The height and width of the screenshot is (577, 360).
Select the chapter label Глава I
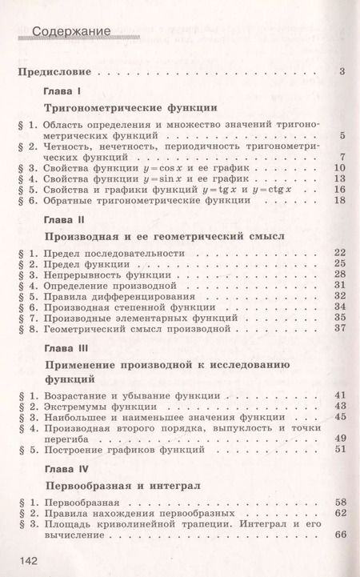point(59,90)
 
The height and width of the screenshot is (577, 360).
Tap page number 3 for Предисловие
point(342,73)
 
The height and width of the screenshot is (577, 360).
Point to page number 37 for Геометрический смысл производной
point(338,328)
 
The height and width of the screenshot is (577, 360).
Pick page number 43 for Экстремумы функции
point(338,406)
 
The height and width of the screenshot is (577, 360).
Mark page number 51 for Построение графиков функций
point(338,449)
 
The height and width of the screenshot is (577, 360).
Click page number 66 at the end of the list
point(338,535)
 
